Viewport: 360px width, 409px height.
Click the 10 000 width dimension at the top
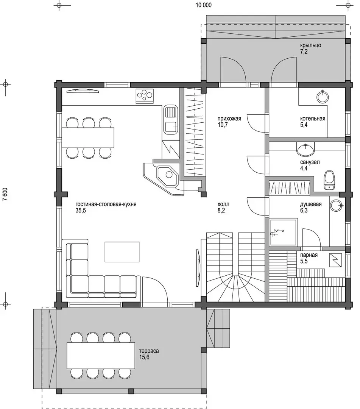tap(204, 5)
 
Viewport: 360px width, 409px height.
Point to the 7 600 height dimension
tap(5, 194)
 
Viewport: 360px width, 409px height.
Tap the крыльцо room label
tap(310, 45)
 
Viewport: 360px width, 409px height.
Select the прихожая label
tap(229, 119)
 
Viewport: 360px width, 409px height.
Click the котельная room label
tap(313, 119)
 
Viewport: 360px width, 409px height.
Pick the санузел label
tap(310, 162)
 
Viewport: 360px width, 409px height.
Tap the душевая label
tap(311, 204)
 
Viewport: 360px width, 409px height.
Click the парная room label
tap(309, 255)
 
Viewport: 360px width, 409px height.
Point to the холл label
tap(223, 204)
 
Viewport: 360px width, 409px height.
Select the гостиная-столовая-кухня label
tap(106, 204)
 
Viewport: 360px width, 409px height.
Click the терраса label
tap(149, 351)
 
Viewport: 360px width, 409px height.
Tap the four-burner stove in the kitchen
tap(145, 95)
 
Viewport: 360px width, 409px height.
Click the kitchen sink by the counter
tap(171, 120)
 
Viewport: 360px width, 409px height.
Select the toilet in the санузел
tap(329, 180)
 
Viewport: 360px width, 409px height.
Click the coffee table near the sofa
tap(122, 252)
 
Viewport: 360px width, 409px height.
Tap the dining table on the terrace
tap(101, 355)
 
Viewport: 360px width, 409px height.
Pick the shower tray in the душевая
tap(284, 233)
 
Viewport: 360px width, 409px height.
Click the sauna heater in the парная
tap(336, 260)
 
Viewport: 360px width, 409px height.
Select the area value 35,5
tap(81, 211)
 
